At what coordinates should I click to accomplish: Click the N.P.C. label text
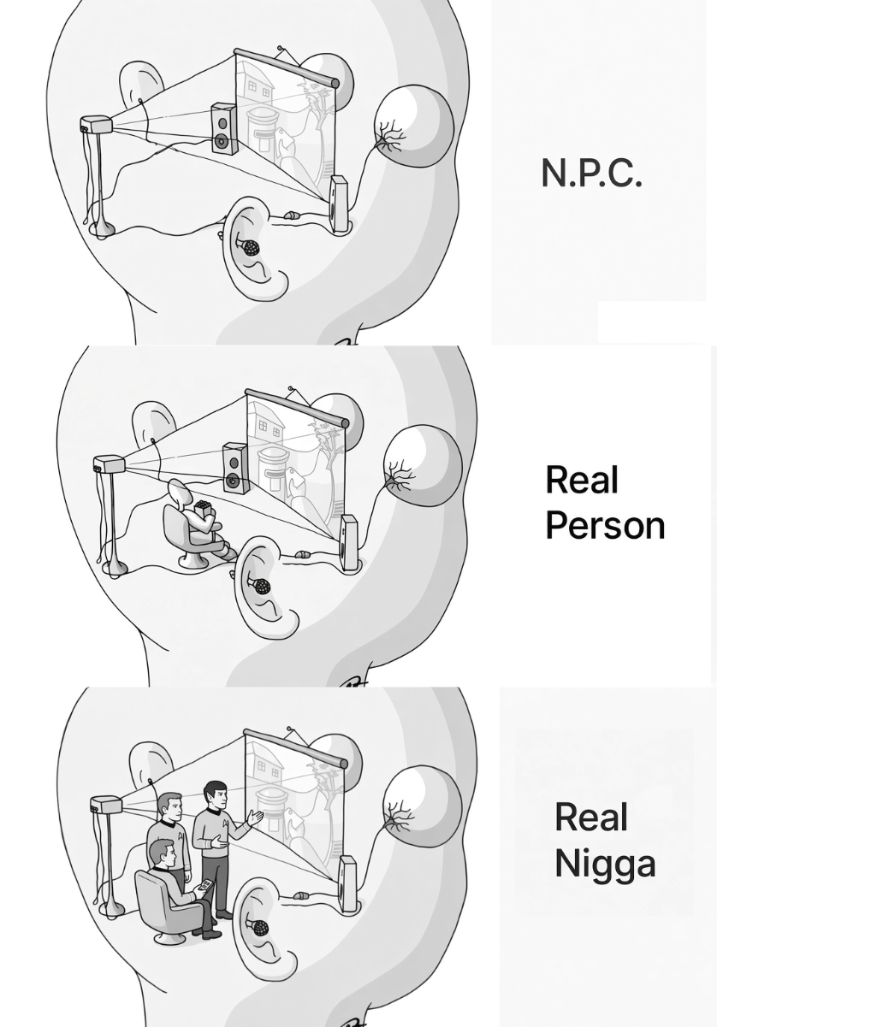(591, 173)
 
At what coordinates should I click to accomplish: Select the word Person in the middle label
(605, 525)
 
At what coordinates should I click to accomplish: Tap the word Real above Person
(582, 480)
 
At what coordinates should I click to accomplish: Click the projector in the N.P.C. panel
(96, 124)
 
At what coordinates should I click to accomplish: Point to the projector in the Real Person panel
(109, 464)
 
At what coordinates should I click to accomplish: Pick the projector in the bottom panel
(106, 805)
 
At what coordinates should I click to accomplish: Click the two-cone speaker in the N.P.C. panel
(223, 128)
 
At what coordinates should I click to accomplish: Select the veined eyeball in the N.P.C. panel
(413, 126)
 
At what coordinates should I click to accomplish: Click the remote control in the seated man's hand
(206, 885)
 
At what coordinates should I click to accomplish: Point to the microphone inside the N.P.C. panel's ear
(249, 247)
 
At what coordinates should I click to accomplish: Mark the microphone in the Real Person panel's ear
(260, 587)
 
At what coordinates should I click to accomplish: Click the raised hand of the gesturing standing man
(256, 817)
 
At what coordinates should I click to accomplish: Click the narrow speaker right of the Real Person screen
(349, 543)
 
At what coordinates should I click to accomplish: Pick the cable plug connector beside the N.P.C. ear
(290, 215)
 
